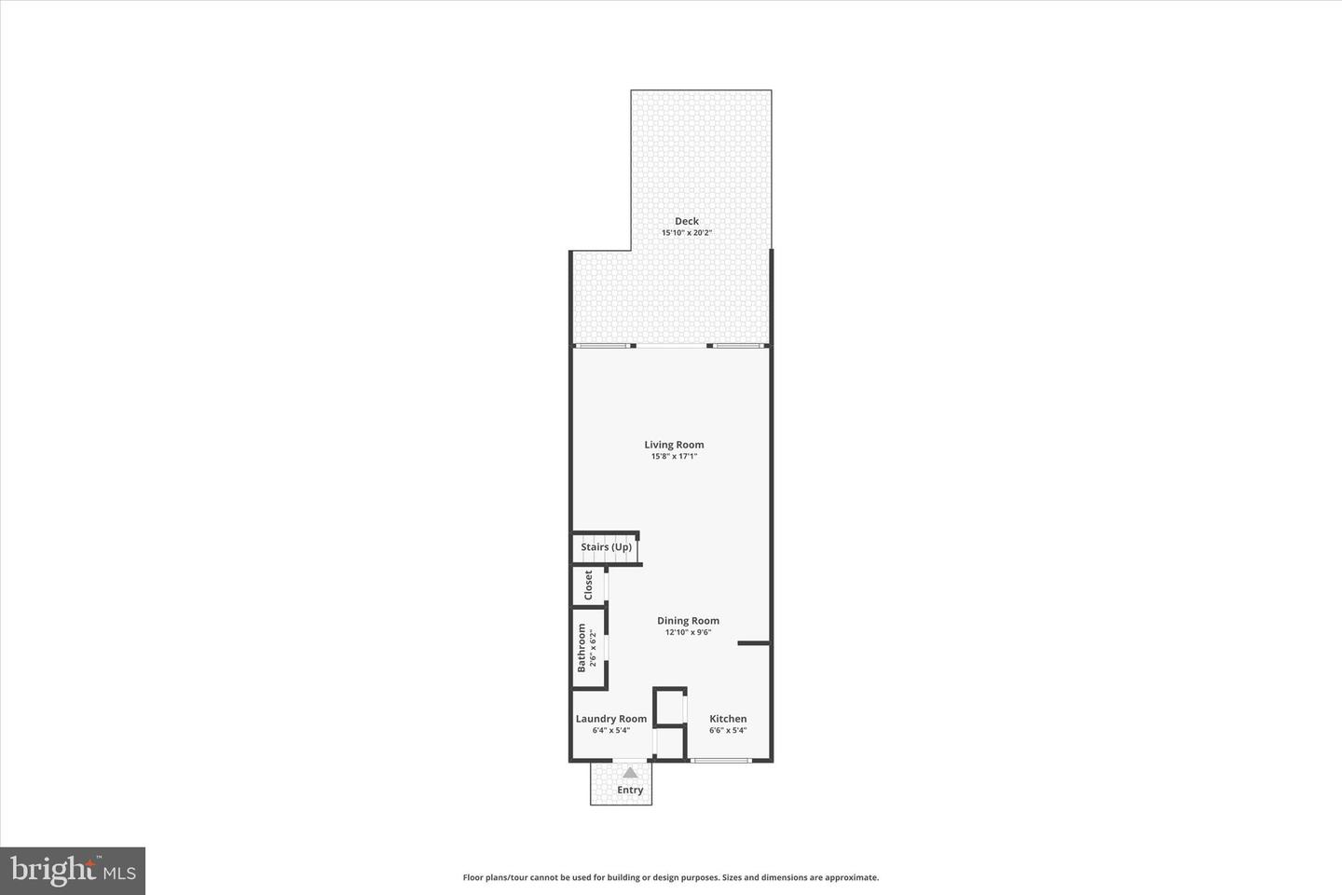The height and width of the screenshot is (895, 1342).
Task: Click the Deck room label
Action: point(686,221)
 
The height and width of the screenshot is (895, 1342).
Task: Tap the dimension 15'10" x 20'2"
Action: point(687,233)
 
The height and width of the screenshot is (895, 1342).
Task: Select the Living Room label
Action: point(674,445)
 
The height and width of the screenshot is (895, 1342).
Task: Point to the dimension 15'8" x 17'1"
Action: point(674,457)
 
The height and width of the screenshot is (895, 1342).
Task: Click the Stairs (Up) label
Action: point(606,547)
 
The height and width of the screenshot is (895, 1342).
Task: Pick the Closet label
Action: point(588,585)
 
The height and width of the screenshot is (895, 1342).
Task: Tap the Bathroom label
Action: point(582,648)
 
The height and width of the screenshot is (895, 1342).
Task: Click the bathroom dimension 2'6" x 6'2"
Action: point(593,648)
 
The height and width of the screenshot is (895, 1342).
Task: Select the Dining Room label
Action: point(688,621)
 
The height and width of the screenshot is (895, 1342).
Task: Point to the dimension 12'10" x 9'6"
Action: point(688,632)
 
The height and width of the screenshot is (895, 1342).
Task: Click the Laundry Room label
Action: point(610,719)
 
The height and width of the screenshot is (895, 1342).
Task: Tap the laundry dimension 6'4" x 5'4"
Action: point(610,730)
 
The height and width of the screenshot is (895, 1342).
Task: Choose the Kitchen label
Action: point(728,719)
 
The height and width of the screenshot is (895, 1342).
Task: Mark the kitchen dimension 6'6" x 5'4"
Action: point(728,730)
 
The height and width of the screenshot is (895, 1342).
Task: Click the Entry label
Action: point(630,790)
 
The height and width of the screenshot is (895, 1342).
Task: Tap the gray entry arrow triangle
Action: point(630,772)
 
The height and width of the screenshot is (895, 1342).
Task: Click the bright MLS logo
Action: point(72,871)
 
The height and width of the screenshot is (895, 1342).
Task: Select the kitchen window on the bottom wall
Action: point(720,761)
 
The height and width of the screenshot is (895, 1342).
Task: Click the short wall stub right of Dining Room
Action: point(753,643)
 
